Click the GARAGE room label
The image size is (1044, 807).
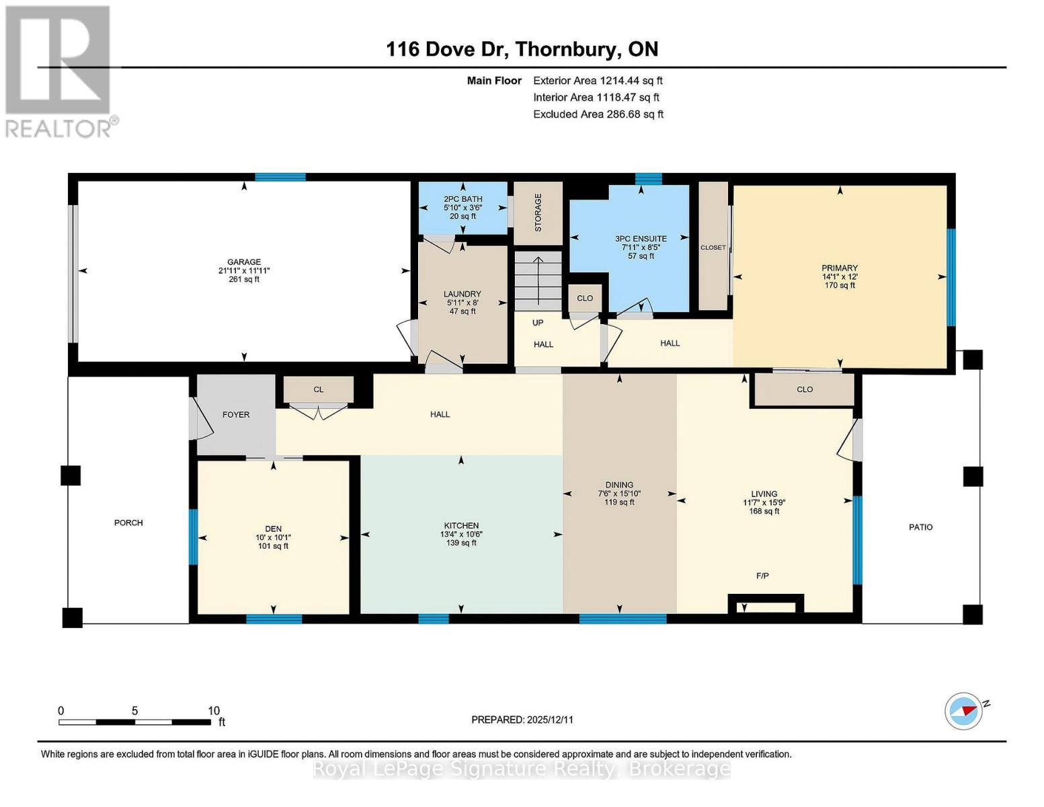243,262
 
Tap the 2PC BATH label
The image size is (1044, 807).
463,199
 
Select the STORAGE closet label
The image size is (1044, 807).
538,213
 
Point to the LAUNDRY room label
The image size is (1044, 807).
462,294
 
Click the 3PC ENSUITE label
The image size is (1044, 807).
641,239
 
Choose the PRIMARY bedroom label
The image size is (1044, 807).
839,268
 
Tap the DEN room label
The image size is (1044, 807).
273,529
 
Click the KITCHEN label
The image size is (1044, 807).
461,526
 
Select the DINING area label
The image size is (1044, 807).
619,485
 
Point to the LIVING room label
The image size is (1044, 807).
764,494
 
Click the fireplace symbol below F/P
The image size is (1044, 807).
766,605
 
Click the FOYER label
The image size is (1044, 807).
236,415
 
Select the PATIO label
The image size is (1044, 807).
920,527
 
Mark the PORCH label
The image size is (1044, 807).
128,523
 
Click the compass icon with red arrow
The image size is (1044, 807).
963,711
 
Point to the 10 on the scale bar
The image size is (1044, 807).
214,711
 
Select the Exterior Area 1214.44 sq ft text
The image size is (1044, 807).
598,81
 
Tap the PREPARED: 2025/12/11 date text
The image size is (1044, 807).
522,720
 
